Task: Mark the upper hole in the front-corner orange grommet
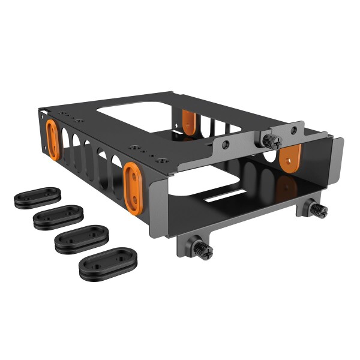tap(132, 173)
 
